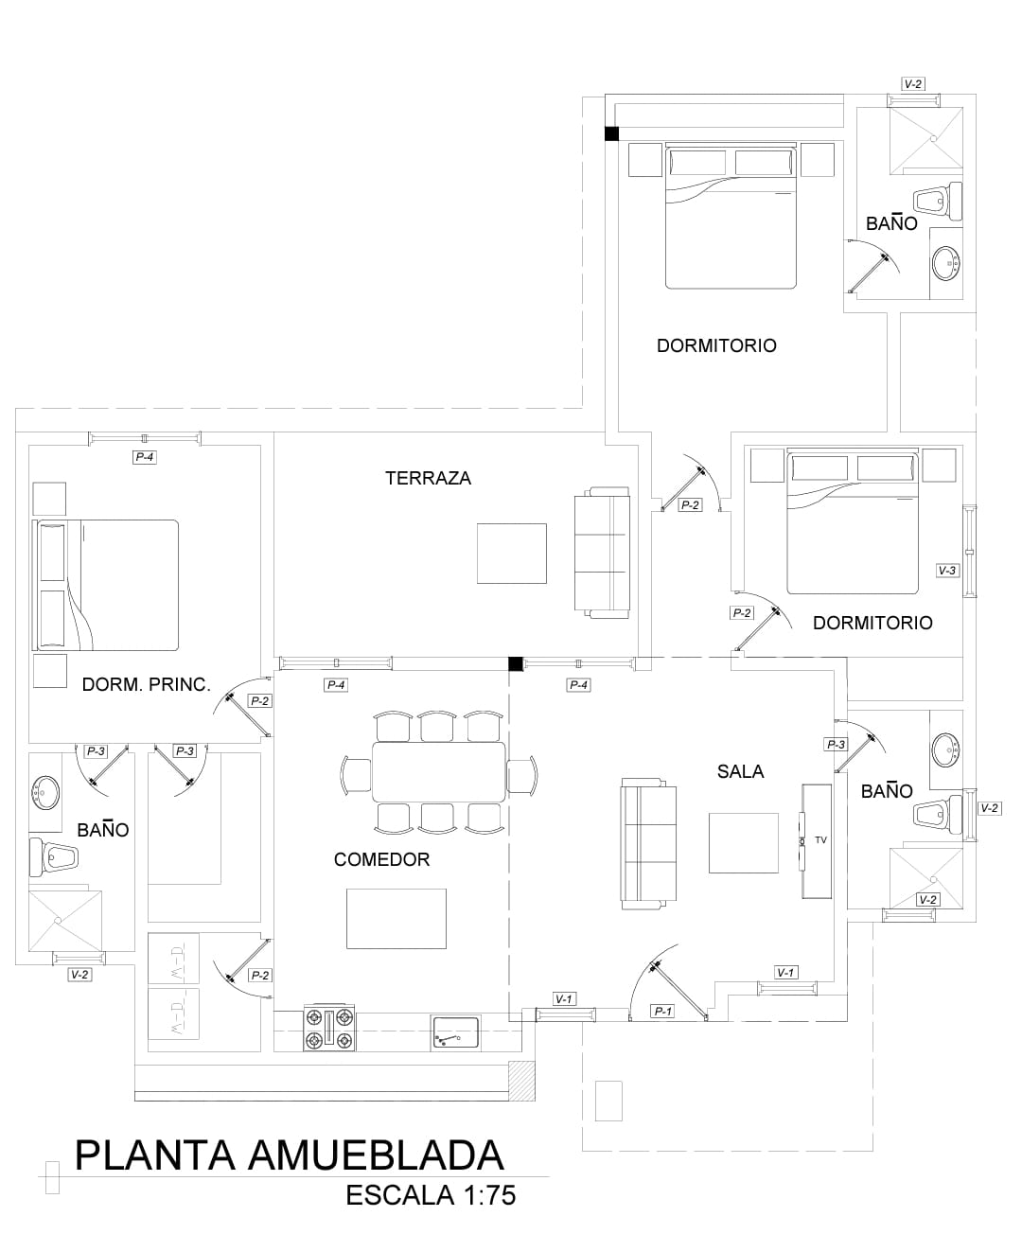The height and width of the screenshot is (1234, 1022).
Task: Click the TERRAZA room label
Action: tap(428, 478)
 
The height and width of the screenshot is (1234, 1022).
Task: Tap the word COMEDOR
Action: tap(381, 859)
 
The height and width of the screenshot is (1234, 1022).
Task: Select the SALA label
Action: tap(740, 771)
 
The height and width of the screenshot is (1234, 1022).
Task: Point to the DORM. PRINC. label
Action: tap(146, 684)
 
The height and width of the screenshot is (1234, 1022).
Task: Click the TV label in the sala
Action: tap(820, 839)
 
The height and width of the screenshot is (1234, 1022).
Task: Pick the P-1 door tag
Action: tap(662, 1012)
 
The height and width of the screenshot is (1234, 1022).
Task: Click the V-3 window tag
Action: tap(946, 571)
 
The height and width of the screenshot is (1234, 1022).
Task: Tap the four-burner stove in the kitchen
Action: tap(329, 1028)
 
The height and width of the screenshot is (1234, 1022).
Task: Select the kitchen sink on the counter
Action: tap(456, 1032)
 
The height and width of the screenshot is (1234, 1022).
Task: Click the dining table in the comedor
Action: tap(438, 771)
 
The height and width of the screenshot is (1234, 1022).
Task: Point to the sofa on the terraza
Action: tap(602, 553)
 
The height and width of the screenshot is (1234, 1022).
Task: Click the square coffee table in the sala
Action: tap(744, 843)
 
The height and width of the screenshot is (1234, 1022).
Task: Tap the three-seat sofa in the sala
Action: tap(648, 844)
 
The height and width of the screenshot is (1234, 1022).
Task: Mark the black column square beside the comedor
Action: tap(516, 663)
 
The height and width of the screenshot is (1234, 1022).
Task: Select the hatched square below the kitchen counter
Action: tap(522, 1081)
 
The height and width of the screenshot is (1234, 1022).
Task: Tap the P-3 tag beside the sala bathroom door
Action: tap(836, 745)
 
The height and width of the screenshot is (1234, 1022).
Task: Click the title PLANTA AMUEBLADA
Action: tap(289, 1156)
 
